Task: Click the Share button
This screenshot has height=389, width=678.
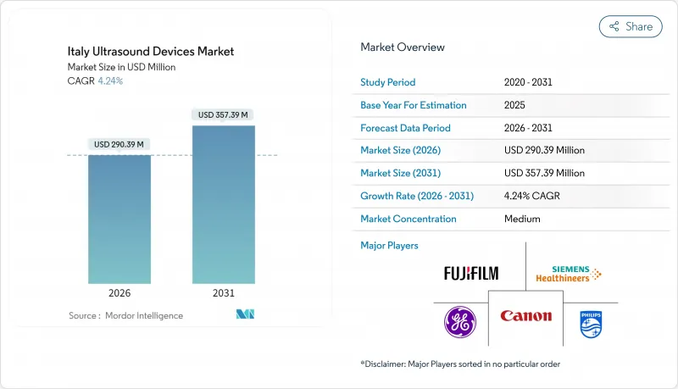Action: (x=631, y=26)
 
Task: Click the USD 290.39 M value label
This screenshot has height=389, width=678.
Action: (x=119, y=144)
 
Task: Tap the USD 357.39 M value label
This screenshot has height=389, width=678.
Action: (x=224, y=114)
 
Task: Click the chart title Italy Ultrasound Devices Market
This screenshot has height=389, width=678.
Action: (x=150, y=52)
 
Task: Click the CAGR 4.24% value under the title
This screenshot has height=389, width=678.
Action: (x=109, y=81)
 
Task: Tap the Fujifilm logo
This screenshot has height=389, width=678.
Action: (x=471, y=273)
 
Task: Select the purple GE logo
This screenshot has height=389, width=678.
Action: (x=460, y=322)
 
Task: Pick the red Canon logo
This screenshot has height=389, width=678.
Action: (x=525, y=316)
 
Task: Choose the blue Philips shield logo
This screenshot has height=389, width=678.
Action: (x=590, y=323)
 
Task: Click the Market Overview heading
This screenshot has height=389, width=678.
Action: (x=403, y=47)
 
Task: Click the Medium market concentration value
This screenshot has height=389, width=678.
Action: (x=522, y=219)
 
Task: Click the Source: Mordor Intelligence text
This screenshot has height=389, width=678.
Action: (x=125, y=315)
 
